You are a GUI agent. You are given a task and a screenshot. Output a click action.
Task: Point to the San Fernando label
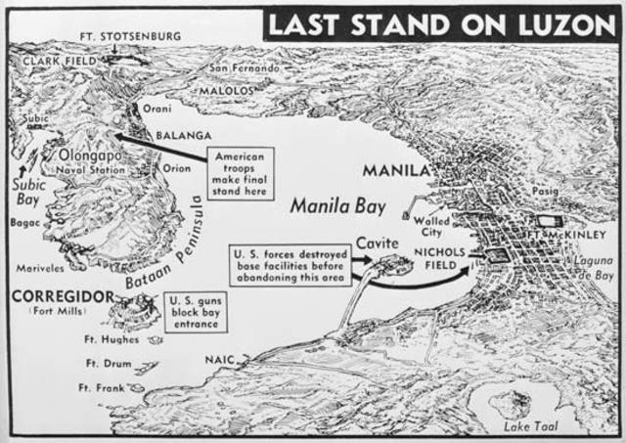(244, 68)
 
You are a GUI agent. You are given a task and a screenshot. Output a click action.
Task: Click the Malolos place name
(226, 89)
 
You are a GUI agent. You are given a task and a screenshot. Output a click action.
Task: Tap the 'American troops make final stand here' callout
(239, 173)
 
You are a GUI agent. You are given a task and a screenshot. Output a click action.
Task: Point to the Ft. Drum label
(101, 364)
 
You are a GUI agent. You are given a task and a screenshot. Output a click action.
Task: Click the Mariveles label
(39, 266)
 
